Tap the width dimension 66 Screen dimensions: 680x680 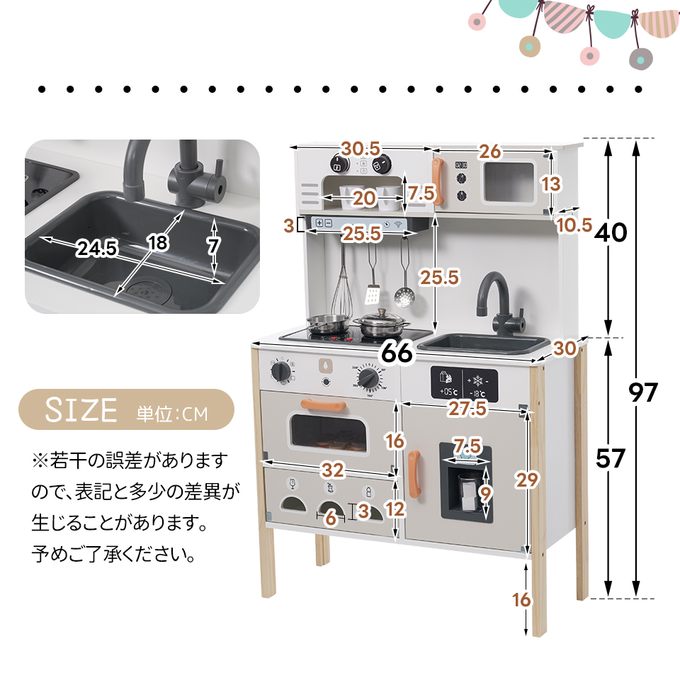(x=397, y=352)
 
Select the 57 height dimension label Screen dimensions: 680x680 (x=610, y=459)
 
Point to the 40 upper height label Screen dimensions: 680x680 (x=611, y=232)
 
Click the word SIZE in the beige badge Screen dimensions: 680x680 (x=81, y=410)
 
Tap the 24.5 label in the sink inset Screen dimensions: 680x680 (x=98, y=249)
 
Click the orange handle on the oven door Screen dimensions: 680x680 (x=323, y=404)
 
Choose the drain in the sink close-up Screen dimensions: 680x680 (x=147, y=291)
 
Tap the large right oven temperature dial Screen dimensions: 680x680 (x=368, y=378)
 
